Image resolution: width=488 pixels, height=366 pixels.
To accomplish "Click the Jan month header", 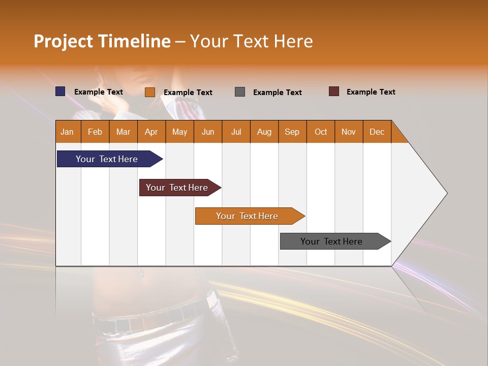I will click(68, 132).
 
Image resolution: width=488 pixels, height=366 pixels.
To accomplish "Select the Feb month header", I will click(95, 132).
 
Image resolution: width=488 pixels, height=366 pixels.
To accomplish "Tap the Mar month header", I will click(123, 132).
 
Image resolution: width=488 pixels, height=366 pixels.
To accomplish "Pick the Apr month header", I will click(151, 132).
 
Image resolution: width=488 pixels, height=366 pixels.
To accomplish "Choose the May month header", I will click(179, 132).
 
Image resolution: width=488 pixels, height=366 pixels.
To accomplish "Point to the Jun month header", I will click(208, 132).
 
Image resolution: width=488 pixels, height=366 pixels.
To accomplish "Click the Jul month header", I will click(236, 132).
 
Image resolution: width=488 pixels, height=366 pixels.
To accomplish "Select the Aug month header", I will click(264, 132).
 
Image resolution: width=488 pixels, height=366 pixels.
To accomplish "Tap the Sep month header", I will click(292, 132).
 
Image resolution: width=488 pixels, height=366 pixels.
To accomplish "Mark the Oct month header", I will click(321, 132).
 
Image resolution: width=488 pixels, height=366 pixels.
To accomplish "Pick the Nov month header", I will click(349, 132).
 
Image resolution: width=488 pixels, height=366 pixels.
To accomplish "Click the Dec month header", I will click(377, 132).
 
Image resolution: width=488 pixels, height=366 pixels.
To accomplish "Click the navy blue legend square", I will click(60, 91).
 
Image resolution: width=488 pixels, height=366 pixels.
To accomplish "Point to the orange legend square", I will click(150, 92).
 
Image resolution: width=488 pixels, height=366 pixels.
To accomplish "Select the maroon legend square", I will click(334, 91).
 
